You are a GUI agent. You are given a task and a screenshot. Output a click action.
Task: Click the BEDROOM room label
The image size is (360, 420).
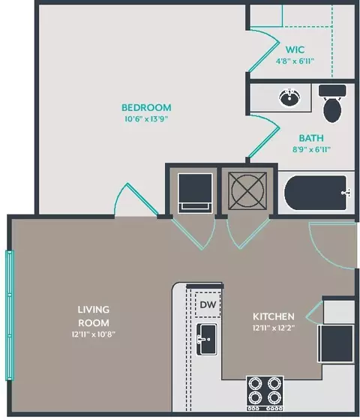click(x=146, y=108)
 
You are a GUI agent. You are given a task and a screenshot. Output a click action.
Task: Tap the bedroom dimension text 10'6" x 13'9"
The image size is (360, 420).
click(x=146, y=119)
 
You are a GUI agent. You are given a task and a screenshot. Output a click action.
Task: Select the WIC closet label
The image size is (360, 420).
click(x=295, y=49)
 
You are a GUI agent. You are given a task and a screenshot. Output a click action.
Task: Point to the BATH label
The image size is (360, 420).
click(x=311, y=138)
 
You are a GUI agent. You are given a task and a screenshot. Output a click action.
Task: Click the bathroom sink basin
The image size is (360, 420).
click(x=289, y=97)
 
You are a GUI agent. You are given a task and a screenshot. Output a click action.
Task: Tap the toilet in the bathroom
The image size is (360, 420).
click(x=332, y=103)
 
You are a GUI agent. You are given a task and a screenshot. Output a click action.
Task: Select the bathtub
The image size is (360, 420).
click(x=315, y=193)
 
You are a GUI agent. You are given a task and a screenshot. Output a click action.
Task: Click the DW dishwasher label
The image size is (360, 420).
click(x=208, y=304)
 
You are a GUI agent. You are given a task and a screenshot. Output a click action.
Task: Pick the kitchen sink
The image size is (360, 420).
click(x=207, y=339)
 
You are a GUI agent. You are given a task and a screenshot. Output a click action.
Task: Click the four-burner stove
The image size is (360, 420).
click(x=265, y=393)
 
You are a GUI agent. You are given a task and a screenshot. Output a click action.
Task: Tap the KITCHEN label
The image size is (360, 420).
click(x=274, y=316)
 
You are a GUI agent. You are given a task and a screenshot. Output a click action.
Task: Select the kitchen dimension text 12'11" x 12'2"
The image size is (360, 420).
click(x=274, y=328)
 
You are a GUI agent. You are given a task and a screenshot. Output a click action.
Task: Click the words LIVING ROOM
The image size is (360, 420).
click(x=94, y=316)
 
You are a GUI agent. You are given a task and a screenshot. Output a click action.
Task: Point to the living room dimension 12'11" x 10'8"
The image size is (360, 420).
click(x=94, y=334)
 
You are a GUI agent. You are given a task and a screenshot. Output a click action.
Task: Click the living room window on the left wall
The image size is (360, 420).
click(x=10, y=315)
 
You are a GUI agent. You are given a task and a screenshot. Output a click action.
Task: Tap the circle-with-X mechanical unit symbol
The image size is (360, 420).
click(x=247, y=190)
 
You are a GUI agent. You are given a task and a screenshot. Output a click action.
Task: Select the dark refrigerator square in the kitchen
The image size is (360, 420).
click(x=336, y=343)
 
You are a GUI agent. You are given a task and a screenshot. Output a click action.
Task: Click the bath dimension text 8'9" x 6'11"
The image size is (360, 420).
click(x=311, y=149)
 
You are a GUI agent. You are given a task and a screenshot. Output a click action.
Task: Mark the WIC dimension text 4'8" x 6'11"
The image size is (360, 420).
click(x=295, y=61)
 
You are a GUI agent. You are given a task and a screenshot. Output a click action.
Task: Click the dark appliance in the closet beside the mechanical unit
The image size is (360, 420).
click(x=195, y=193)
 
